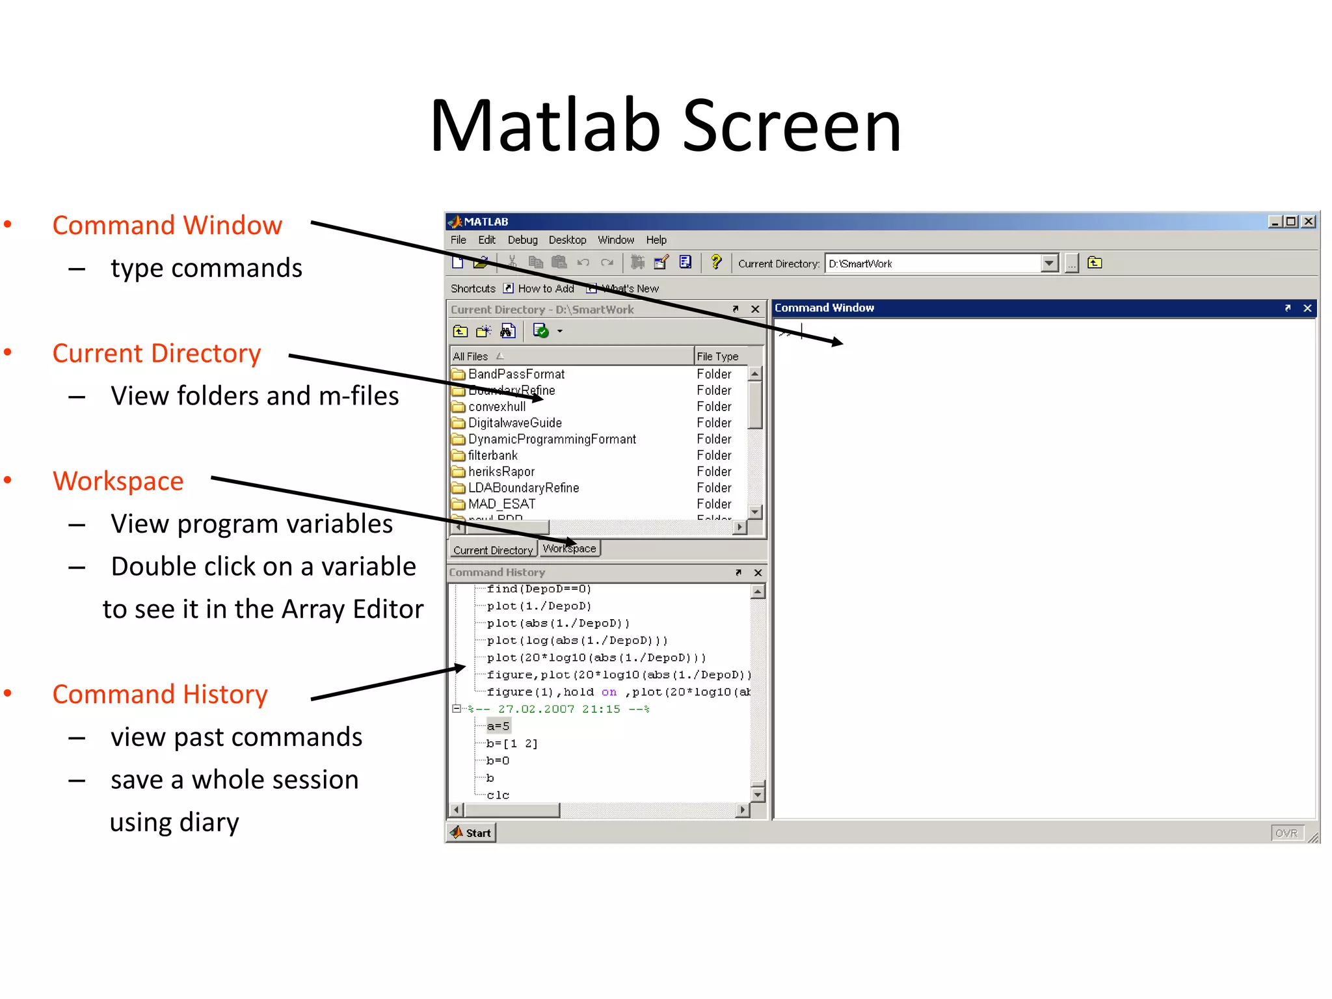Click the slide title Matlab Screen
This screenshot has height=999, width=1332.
[665, 126]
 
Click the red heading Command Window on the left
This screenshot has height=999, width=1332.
[167, 225]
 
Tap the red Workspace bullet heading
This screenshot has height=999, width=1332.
[118, 481]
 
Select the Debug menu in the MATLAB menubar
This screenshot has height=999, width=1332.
[522, 240]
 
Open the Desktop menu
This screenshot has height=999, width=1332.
[567, 240]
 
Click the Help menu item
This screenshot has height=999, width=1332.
[656, 240]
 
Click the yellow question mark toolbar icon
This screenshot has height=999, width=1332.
[716, 262]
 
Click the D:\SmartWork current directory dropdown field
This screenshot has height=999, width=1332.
[933, 263]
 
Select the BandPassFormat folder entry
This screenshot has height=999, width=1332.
[516, 374]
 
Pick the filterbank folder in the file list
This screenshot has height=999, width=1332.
[492, 455]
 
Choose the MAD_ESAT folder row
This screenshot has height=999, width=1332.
[501, 504]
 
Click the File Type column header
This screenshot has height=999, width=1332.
[718, 356]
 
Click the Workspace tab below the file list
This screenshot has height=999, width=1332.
[570, 549]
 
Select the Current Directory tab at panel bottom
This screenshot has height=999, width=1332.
[492, 550]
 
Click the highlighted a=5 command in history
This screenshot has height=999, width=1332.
[498, 726]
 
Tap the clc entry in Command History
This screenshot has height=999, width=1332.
[498, 795]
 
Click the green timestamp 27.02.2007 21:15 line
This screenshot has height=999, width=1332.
[559, 709]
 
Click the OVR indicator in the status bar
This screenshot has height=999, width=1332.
[1286, 833]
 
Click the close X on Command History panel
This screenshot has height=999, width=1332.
[758, 572]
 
